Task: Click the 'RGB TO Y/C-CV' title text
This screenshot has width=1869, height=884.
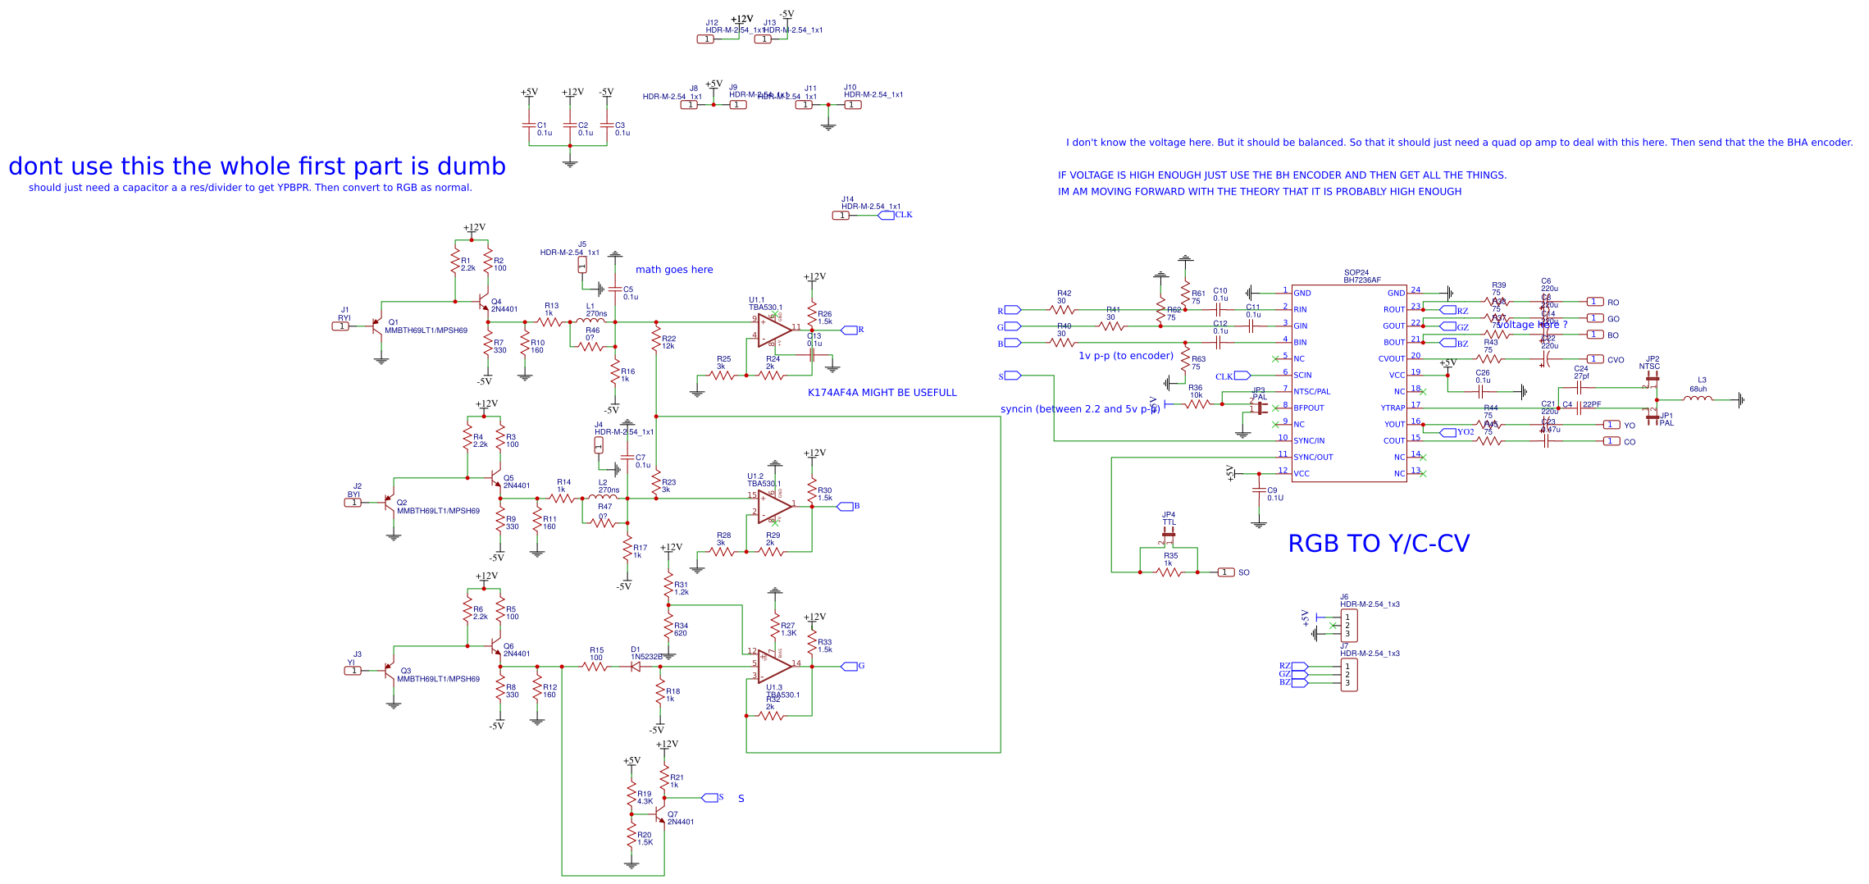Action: point(1379,544)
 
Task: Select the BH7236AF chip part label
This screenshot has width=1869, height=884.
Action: point(1361,280)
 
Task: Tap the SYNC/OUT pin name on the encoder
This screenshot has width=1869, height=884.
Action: point(1313,458)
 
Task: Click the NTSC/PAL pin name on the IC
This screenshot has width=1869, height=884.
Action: point(1311,392)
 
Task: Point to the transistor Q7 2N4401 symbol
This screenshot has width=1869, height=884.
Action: point(660,818)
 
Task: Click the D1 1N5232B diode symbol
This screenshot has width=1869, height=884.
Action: point(635,667)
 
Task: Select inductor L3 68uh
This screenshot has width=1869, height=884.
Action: point(1697,399)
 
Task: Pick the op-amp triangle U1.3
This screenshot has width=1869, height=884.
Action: point(773,667)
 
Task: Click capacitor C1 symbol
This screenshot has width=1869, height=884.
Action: point(529,125)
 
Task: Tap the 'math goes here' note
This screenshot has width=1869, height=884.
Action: point(674,270)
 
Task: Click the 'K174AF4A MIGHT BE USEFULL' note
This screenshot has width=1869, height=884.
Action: point(882,393)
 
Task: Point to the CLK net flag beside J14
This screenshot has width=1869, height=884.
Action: point(887,216)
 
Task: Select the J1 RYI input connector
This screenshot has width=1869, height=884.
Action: point(340,326)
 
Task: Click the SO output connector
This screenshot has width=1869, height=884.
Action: point(1226,572)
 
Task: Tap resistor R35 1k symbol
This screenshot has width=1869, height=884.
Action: point(1169,572)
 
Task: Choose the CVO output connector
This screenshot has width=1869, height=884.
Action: point(1595,359)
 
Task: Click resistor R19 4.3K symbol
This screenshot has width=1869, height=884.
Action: point(631,795)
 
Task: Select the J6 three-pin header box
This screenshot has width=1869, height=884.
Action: point(1348,626)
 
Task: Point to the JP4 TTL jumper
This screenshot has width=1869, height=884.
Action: point(1169,535)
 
